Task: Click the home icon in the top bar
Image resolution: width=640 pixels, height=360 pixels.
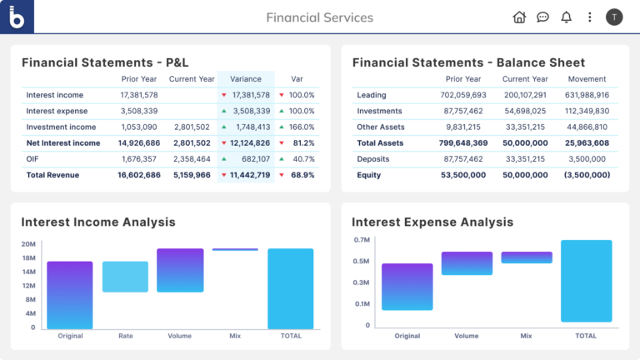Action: click(519, 17)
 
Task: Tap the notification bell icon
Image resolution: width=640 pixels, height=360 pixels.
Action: click(567, 17)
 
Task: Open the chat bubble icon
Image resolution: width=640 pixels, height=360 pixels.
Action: click(542, 17)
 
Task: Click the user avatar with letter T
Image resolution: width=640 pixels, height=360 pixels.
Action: click(614, 17)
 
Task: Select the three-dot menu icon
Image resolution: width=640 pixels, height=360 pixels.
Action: click(590, 17)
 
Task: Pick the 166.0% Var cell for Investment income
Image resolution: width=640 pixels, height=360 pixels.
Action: click(297, 127)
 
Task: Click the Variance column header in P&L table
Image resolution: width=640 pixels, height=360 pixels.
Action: click(246, 79)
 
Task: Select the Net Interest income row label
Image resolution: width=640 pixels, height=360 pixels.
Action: click(63, 143)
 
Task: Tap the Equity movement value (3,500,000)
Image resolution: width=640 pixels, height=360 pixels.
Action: click(587, 175)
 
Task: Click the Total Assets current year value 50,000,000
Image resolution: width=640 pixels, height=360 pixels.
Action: click(524, 143)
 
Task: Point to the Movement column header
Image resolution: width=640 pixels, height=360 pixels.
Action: click(587, 79)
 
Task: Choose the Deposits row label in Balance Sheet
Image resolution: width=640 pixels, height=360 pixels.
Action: click(373, 159)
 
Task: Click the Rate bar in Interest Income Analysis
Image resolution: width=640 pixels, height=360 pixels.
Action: click(125, 277)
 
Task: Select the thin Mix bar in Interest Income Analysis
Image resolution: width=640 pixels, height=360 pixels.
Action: click(235, 249)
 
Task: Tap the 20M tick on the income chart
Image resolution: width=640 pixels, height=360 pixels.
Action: click(28, 244)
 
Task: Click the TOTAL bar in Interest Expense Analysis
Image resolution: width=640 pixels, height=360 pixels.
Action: click(586, 281)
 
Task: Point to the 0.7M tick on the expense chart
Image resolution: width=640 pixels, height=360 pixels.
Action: click(362, 240)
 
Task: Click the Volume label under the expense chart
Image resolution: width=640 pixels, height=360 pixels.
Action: click(467, 336)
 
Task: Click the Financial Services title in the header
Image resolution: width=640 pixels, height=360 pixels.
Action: click(320, 17)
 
